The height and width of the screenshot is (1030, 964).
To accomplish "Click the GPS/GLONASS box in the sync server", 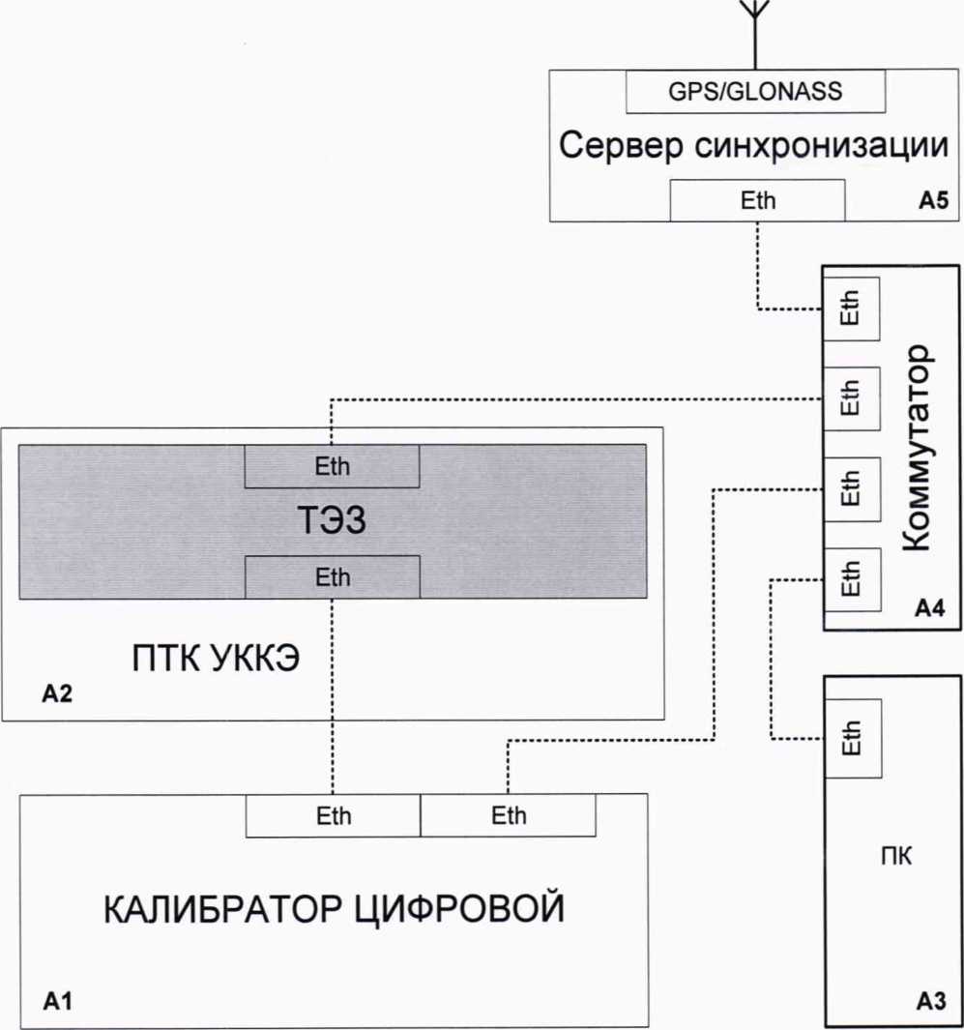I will (756, 92).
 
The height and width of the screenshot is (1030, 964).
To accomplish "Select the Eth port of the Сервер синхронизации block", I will (758, 202).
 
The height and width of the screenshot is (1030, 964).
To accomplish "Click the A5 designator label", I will (935, 204).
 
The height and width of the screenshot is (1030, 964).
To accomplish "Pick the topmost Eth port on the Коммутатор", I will (851, 309).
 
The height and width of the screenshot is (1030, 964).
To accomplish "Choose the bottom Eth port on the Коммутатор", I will (851, 579).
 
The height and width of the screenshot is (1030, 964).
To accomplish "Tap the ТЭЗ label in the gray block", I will (333, 522).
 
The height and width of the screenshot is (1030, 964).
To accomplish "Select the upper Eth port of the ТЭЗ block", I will (332, 466).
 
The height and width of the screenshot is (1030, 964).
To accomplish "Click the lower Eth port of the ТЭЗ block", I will (332, 577).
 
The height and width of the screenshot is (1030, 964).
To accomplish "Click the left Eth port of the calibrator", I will (334, 816).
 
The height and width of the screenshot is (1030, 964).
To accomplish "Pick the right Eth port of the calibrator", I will (509, 816).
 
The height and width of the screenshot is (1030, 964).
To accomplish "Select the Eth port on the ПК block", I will (851, 740).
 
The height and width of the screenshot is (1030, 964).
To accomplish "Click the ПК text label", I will (890, 857).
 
